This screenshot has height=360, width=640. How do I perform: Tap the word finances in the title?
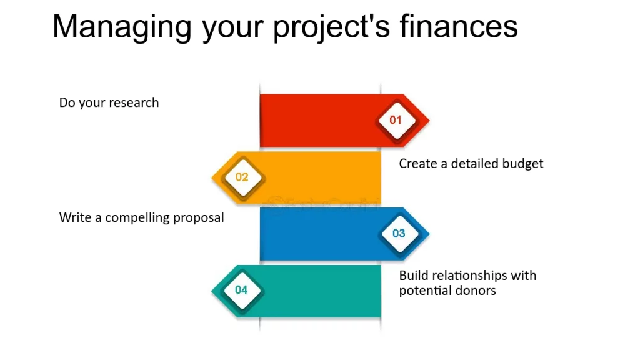pyautogui.click(x=459, y=26)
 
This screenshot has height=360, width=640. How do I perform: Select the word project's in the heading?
pyautogui.click(x=331, y=27)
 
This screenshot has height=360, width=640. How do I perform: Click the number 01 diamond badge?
pyautogui.click(x=396, y=121)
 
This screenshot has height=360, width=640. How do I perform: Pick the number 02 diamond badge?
pyautogui.click(x=243, y=177)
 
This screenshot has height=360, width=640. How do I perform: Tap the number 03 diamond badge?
pyautogui.click(x=399, y=234)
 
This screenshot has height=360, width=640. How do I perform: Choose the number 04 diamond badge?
pyautogui.click(x=242, y=290)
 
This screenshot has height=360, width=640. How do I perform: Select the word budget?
pyautogui.click(x=522, y=164)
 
